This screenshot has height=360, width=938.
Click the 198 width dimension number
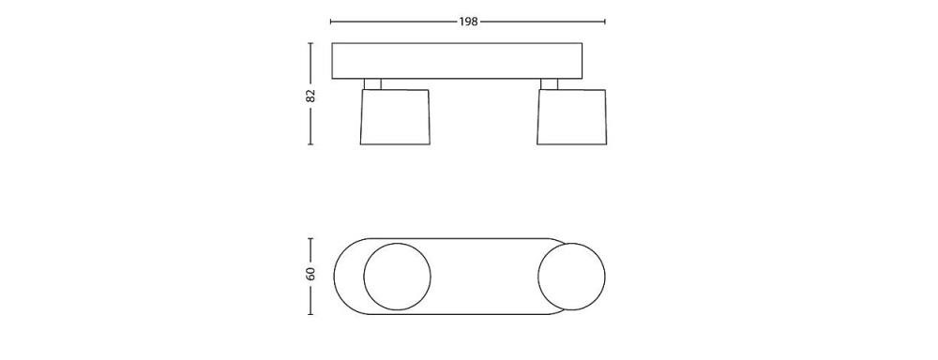point(468,22)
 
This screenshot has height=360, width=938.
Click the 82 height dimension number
point(310,95)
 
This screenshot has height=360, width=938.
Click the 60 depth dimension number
point(310,275)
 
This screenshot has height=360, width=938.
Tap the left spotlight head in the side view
point(395,117)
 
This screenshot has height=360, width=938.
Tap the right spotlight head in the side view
point(571,117)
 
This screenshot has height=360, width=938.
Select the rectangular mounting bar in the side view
point(457,61)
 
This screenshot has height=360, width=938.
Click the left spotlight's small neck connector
point(372,84)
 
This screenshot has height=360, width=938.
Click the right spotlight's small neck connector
point(549,84)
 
